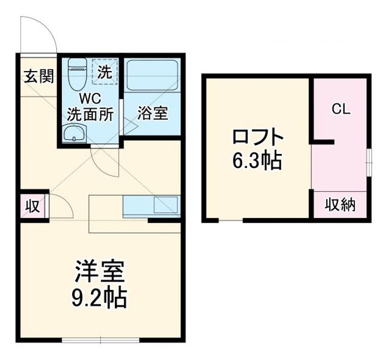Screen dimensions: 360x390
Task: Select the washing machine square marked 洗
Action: (x=106, y=71)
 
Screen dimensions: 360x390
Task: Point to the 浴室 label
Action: (x=152, y=113)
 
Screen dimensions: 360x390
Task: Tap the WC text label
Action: (x=89, y=99)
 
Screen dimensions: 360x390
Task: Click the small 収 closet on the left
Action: (x=32, y=206)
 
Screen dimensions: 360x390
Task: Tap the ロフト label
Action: (x=257, y=136)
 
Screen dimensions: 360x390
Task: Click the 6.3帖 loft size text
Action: (x=257, y=160)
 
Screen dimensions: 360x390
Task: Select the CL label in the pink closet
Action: (x=341, y=109)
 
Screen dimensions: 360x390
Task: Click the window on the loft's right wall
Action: (x=368, y=161)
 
